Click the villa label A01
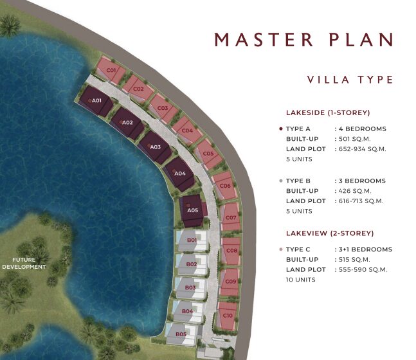[x=96, y=100]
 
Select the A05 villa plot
[x=192, y=211]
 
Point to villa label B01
[x=192, y=240]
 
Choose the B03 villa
[x=190, y=289]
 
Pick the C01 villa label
[x=111, y=70]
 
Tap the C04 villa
[x=187, y=130]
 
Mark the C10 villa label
[x=228, y=316]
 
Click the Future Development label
[x=24, y=263]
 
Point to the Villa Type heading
[x=350, y=80]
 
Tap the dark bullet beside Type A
[x=281, y=129]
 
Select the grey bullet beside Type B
[x=281, y=181]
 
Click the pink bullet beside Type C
[x=281, y=249]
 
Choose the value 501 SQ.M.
[x=354, y=139]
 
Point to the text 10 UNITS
[x=301, y=280]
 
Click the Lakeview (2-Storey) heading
[x=330, y=233]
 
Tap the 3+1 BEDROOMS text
[x=365, y=249]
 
